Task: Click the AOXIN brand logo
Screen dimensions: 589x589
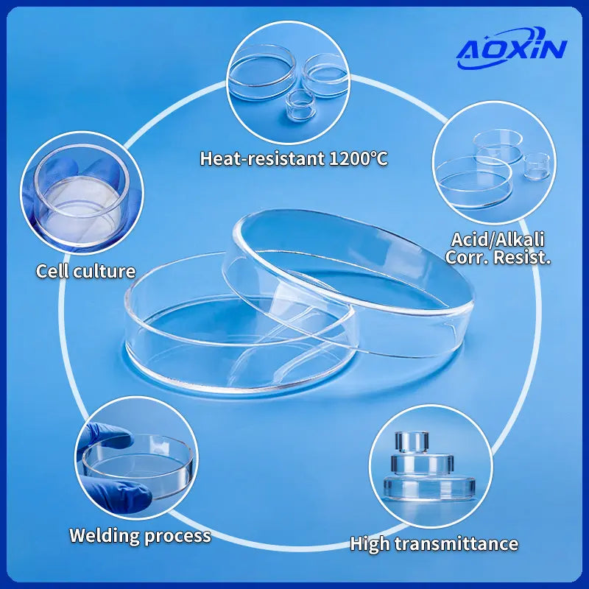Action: [511, 48]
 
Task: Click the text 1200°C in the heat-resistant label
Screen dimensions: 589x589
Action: [358, 158]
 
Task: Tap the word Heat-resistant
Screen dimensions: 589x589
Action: [262, 158]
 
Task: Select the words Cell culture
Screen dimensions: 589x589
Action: [85, 271]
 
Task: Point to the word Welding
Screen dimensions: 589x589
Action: [105, 536]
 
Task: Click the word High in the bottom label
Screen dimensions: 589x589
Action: [370, 544]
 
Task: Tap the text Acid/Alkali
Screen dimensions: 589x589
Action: [498, 240]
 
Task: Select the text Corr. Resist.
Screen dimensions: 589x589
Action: [498, 257]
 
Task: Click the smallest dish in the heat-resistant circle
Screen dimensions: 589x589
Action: [300, 105]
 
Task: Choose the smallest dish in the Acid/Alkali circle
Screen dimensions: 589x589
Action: [537, 166]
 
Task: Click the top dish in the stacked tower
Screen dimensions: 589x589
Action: [412, 442]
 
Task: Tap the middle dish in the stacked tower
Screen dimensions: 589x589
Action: [422, 465]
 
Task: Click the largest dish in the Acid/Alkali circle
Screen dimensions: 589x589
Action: [474, 183]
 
